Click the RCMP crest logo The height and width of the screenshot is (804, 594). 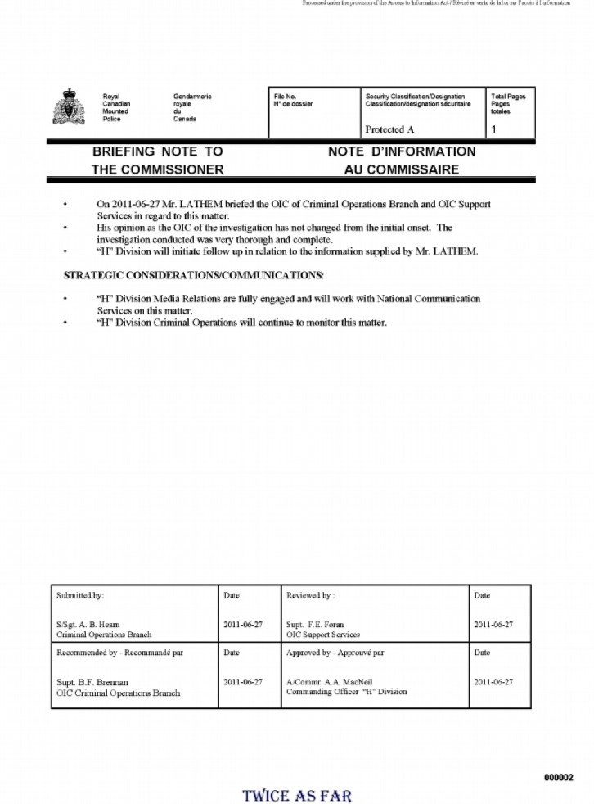(x=69, y=108)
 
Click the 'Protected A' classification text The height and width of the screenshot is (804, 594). (x=389, y=129)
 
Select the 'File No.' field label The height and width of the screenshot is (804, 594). (x=285, y=97)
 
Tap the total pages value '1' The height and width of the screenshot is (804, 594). (x=493, y=129)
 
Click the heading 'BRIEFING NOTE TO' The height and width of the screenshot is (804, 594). (x=157, y=152)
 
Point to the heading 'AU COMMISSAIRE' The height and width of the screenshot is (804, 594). (x=402, y=170)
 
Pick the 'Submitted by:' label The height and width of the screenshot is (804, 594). (x=80, y=595)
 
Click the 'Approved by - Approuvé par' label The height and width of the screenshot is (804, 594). (x=335, y=653)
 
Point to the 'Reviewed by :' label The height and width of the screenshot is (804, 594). (x=310, y=595)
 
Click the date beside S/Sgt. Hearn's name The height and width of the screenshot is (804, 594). (x=243, y=625)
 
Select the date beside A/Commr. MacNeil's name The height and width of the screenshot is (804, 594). (x=493, y=682)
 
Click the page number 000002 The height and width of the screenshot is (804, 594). (x=559, y=777)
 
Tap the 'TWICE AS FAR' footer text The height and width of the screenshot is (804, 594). (x=297, y=794)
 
